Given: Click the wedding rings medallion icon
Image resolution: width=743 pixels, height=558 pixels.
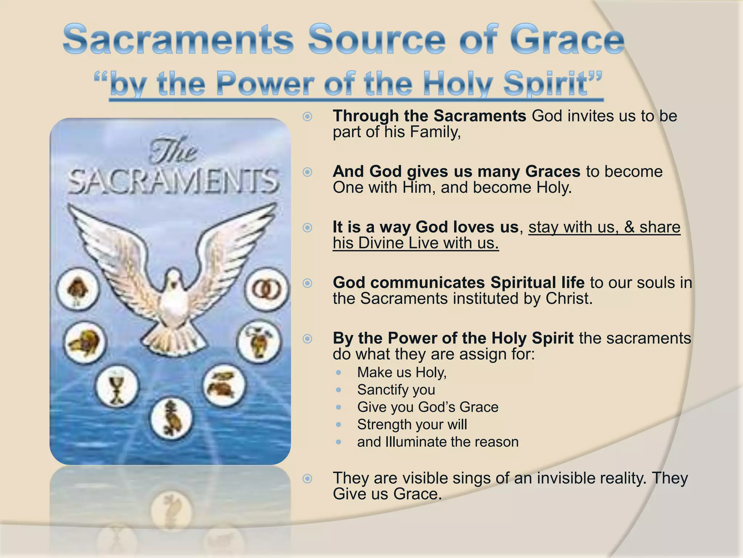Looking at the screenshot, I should click(267, 290).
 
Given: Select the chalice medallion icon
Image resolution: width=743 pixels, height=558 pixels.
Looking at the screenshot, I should click(117, 387).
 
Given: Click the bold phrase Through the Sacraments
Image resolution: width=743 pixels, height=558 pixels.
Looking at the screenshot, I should click(430, 116).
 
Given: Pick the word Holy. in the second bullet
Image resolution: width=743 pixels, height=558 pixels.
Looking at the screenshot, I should click(554, 187).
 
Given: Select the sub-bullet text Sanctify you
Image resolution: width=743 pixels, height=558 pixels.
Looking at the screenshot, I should click(396, 390).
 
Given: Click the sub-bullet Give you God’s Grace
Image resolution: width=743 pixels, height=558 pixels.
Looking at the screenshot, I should click(427, 407).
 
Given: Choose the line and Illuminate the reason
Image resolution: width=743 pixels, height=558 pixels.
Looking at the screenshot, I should click(438, 442).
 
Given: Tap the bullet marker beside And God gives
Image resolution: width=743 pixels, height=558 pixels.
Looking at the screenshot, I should click(307, 172).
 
